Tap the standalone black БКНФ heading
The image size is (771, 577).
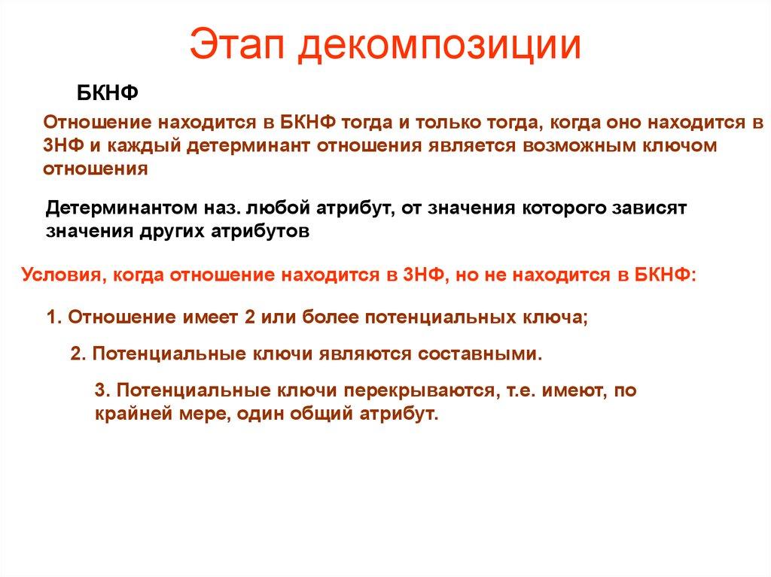point(108,94)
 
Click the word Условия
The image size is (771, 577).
point(60,275)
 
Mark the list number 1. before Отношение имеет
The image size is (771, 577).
point(53,317)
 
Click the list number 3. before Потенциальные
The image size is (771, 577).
point(103,390)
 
